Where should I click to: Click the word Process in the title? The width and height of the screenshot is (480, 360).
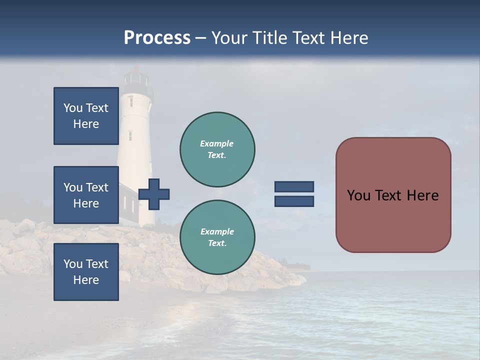pyautogui.click(x=157, y=38)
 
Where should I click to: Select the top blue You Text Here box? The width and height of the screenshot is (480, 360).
pyautogui.click(x=86, y=116)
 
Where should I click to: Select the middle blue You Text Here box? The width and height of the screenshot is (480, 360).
pyautogui.click(x=86, y=195)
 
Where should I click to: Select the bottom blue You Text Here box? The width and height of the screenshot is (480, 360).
pyautogui.click(x=86, y=272)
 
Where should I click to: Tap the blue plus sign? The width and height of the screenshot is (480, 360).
pyautogui.click(x=154, y=194)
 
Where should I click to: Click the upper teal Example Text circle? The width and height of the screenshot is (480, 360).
pyautogui.click(x=217, y=149)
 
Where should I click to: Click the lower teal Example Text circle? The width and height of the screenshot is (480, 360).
pyautogui.click(x=217, y=237)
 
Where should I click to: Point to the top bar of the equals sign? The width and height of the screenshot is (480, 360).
pyautogui.click(x=294, y=186)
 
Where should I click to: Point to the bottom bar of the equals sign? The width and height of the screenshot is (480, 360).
pyautogui.click(x=294, y=201)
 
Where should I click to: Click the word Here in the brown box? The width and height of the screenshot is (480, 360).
pyautogui.click(x=422, y=195)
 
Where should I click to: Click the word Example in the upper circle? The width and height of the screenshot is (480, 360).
pyautogui.click(x=217, y=143)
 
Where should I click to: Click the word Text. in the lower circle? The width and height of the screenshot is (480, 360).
pyautogui.click(x=217, y=243)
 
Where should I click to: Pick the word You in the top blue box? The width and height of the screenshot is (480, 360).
pyautogui.click(x=72, y=108)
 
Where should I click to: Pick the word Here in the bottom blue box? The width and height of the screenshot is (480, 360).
pyautogui.click(x=86, y=280)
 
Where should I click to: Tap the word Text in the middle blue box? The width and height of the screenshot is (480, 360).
pyautogui.click(x=97, y=187)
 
